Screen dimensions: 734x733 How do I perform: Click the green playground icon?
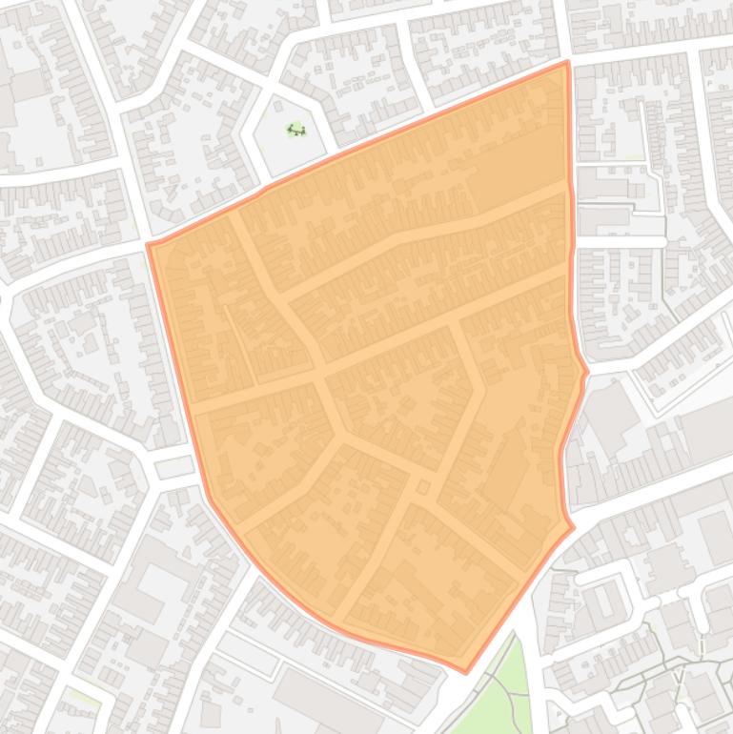pyautogui.click(x=296, y=130)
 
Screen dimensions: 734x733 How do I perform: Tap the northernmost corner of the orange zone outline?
pyautogui.click(x=567, y=63)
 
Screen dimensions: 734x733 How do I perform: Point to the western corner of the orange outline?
pyautogui.click(x=149, y=245)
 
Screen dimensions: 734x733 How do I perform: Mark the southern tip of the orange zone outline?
pyautogui.click(x=465, y=671)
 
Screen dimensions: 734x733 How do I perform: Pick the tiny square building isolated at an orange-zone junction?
pyautogui.click(x=422, y=488)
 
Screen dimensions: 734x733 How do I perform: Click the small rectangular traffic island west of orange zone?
pyautogui.click(x=173, y=466)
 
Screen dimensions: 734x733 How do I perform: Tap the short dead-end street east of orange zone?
pyautogui.click(x=620, y=241)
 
